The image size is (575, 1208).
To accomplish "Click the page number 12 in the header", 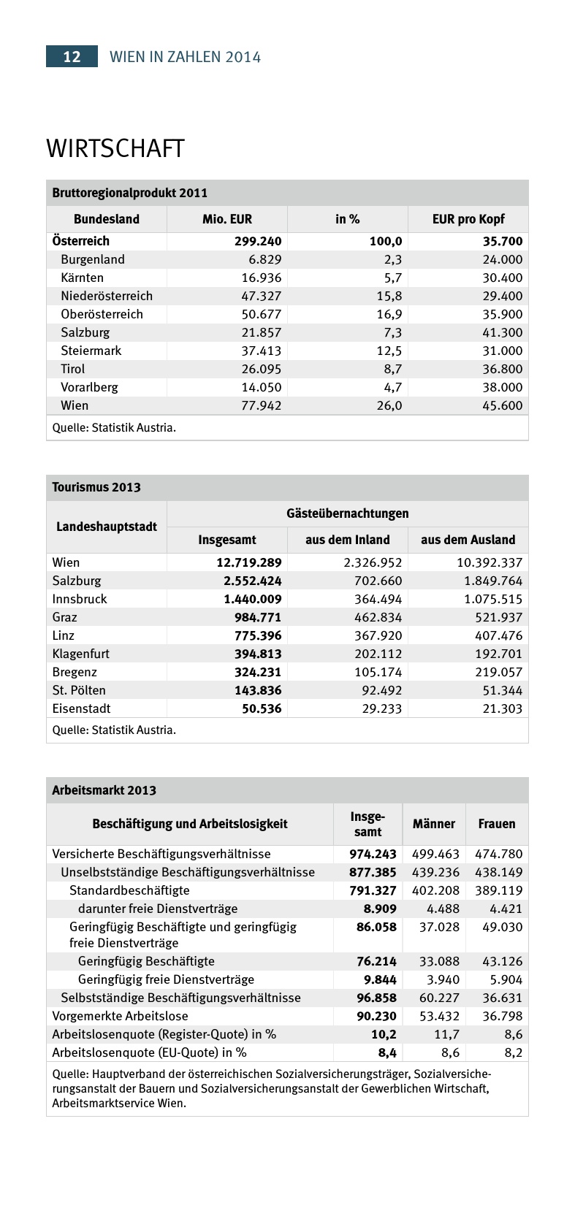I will click(x=72, y=57).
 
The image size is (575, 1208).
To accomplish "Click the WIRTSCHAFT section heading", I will click(x=115, y=148).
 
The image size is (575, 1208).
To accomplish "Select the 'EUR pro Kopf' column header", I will click(x=468, y=219).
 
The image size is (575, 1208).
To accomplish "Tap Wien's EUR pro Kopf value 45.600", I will click(x=502, y=405).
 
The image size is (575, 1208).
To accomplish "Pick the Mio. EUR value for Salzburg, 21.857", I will click(x=261, y=332).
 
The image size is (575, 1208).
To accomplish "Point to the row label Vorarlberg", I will click(x=89, y=387).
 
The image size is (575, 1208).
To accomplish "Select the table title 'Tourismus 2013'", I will click(x=96, y=487).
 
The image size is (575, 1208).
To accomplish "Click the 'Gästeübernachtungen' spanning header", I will click(x=347, y=513).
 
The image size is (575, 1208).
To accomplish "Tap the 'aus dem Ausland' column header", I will click(x=468, y=540).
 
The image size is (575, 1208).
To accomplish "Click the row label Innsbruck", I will click(x=80, y=599).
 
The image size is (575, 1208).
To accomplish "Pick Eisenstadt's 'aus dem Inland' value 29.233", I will click(x=381, y=708).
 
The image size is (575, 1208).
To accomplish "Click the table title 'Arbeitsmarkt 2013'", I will click(x=104, y=790).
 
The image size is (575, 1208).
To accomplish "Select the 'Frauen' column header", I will click(x=497, y=824).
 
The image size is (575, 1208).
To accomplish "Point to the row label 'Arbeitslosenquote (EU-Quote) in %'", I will click(x=149, y=1052).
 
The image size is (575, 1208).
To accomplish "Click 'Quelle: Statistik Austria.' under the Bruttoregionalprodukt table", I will click(x=114, y=427).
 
